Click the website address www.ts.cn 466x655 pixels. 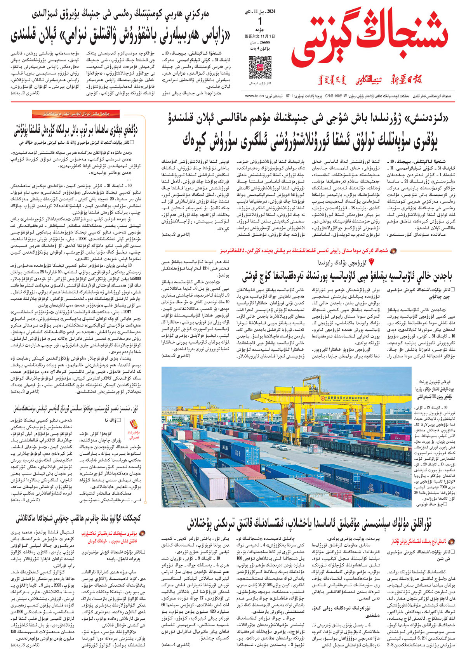254,96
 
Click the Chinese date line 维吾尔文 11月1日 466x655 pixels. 257,36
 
